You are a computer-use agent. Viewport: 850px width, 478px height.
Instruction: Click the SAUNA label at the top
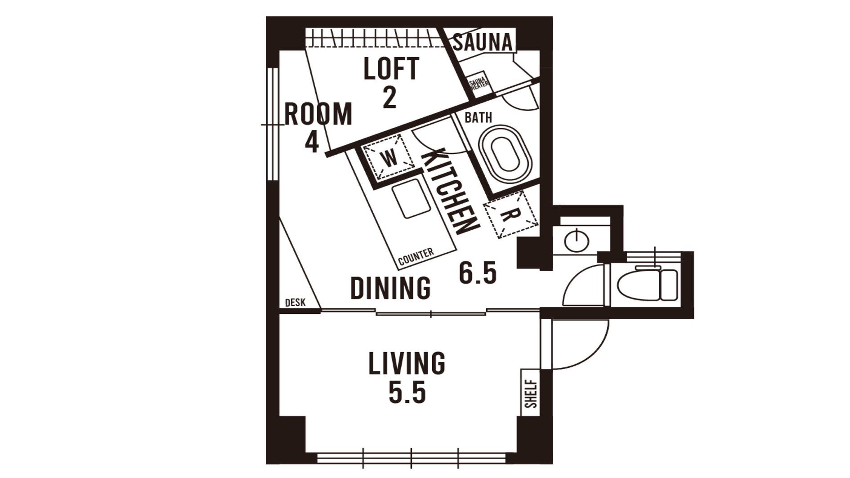pos(483,43)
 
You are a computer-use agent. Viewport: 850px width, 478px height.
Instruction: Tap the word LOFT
pos(391,69)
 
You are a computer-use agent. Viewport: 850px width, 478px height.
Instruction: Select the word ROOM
pos(318,114)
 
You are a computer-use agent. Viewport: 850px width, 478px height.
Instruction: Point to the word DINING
pos(390,288)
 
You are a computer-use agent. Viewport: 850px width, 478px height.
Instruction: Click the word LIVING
pos(407,364)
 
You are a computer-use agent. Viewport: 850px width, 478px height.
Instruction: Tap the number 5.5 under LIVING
pos(407,393)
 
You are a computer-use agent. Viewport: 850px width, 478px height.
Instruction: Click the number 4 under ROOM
pos(312,143)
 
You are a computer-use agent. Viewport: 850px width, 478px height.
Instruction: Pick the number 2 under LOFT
pos(389,98)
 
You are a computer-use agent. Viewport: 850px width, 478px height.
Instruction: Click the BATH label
pos(478,118)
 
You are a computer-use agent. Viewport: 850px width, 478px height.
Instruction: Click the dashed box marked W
pos(389,156)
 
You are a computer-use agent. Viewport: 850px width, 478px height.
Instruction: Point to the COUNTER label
pos(416,256)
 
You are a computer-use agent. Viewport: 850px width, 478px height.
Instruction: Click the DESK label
pos(295,303)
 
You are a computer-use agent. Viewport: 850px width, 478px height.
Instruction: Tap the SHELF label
pos(531,394)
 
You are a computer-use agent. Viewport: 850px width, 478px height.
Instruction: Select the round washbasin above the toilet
pos(576,241)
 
